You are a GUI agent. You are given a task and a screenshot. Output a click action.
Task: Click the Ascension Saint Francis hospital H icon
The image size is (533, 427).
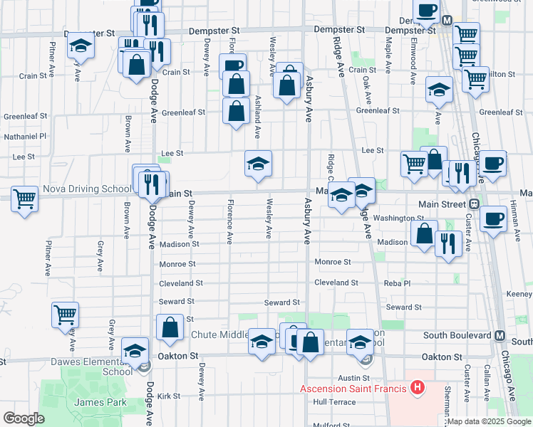point(418,388)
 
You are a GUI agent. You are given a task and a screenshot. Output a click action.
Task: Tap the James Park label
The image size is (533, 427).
point(100,402)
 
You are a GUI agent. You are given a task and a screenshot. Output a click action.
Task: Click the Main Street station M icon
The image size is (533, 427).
point(473,204)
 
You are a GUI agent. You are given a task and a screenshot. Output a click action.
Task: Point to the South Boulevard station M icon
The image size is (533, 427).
point(500,335)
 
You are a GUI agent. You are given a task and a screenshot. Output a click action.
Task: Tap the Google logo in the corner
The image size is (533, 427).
point(24,418)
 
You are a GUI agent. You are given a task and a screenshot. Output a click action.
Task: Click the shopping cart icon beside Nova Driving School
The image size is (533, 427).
point(24,198)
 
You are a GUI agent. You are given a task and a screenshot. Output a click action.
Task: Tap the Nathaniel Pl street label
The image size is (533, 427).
point(25,135)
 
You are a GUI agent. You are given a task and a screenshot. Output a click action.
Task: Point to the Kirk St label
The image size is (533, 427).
point(169,396)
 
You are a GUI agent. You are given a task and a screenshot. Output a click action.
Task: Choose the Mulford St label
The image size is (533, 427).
point(332,425)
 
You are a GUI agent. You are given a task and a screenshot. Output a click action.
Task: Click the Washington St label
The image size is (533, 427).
point(398,218)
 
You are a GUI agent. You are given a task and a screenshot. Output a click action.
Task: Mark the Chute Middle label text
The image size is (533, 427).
point(219,334)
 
